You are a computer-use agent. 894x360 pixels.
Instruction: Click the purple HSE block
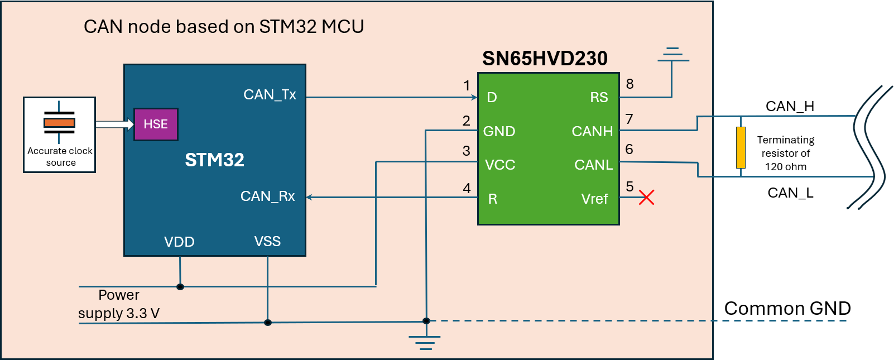pos(156,124)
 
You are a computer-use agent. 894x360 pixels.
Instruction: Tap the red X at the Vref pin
pos(646,197)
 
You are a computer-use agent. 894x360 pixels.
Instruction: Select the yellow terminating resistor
pos(741,147)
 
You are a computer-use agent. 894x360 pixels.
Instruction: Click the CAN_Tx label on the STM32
pos(270,94)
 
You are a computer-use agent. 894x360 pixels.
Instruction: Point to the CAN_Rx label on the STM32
pos(267,196)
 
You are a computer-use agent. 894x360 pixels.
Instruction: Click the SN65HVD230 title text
pos(545,58)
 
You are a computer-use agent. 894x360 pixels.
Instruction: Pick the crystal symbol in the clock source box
pos(59,122)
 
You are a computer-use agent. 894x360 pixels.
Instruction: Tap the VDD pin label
pos(179,242)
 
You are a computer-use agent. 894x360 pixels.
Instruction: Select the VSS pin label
pos(267,241)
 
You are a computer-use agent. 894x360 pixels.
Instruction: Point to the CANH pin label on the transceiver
pos(592,131)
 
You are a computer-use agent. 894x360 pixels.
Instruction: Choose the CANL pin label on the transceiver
pos(593,165)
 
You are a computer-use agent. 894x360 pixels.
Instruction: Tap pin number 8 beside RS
pos(629,84)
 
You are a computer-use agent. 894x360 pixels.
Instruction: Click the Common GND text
pos(787,308)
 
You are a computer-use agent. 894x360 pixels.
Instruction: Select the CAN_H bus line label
pos(790,106)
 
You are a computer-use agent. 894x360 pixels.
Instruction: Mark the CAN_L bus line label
pos(790,193)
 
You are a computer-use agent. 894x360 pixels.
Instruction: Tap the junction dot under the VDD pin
pos(180,287)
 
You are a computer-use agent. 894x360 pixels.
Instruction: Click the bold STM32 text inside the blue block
pos(214,160)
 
